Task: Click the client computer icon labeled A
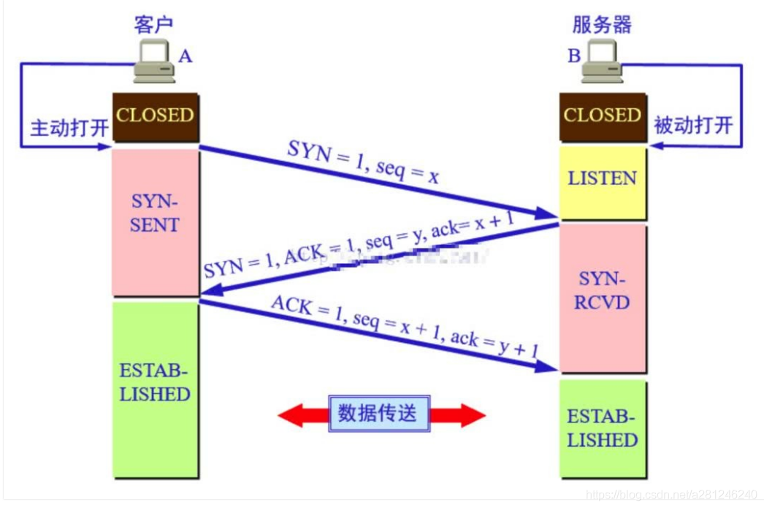click(154, 62)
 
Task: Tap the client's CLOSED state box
click(155, 116)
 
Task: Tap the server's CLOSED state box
click(602, 116)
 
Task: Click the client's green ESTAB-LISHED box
click(155, 387)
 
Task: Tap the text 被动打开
click(693, 125)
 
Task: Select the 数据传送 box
click(378, 414)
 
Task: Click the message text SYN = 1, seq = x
click(362, 162)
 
